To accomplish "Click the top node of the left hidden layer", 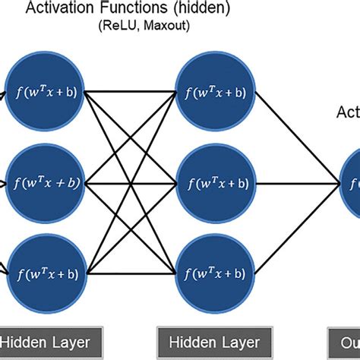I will click(45, 93).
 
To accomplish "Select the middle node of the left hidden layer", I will click(45, 182).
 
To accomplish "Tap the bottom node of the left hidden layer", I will click(45, 272).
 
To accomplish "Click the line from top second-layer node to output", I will click(296, 137).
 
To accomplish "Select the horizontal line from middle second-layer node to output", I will click(296, 182).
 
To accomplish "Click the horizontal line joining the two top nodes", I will click(129, 93).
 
